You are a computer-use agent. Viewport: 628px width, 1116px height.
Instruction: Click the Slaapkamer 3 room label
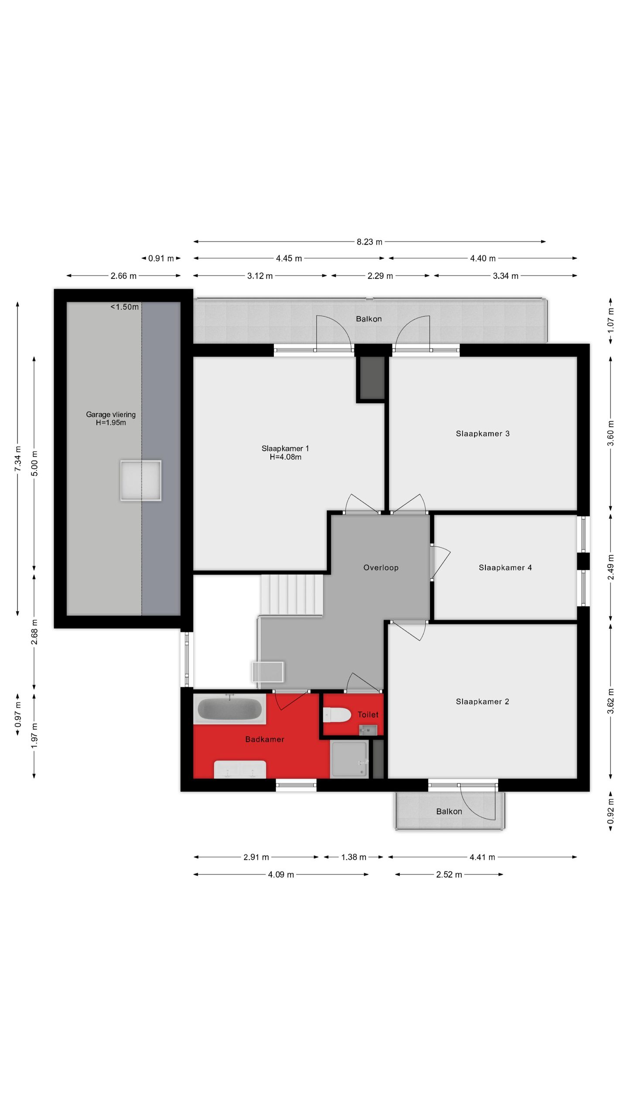click(482, 433)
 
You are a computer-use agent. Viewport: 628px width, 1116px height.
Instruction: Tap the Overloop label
click(381, 568)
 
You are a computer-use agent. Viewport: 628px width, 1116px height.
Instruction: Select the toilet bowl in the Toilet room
click(337, 715)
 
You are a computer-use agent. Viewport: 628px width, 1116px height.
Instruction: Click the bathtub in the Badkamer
click(230, 709)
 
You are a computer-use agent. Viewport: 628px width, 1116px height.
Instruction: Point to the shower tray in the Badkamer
click(349, 759)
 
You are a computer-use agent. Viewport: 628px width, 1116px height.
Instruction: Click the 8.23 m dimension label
click(369, 242)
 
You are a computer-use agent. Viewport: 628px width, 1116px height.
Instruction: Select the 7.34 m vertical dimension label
click(18, 458)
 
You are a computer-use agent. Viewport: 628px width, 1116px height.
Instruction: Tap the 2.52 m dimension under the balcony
click(449, 874)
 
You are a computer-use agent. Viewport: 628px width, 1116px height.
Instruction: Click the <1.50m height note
click(124, 307)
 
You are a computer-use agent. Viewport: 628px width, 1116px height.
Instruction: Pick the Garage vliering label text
click(111, 415)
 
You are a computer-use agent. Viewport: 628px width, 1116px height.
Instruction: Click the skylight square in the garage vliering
click(141, 480)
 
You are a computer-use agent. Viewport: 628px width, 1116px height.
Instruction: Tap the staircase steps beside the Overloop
click(292, 595)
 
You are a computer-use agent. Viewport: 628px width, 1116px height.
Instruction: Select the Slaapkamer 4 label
click(505, 568)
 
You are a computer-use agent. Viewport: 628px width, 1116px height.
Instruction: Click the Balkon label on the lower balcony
click(449, 811)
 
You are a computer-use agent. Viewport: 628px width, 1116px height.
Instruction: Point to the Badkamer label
click(265, 739)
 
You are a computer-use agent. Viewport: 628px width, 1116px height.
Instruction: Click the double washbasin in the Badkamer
click(240, 769)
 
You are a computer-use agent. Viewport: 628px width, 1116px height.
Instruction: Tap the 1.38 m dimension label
click(353, 857)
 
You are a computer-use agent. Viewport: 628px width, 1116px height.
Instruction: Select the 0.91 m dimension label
click(161, 259)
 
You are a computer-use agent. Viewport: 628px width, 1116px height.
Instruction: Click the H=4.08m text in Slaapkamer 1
click(285, 457)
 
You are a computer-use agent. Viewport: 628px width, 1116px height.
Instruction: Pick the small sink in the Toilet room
click(368, 728)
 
